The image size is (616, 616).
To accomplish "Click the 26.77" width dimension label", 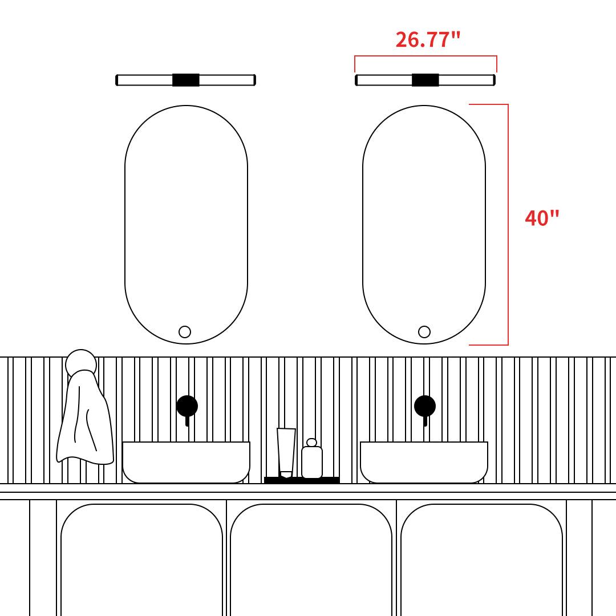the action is coord(427,40).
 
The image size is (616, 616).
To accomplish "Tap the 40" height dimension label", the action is coord(542,218).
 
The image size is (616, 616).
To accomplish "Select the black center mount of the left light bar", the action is coord(186,80).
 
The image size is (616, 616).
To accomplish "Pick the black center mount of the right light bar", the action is coord(425,80).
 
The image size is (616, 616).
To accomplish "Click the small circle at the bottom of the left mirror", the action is coord(185,332).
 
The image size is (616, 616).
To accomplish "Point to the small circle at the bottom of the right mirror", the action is coord(424,332).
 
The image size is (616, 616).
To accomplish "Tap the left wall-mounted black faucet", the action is coord(187,408).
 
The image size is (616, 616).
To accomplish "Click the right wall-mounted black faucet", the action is coord(425,408).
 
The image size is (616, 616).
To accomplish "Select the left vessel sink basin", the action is coord(186,462).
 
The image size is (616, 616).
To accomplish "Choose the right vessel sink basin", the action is coord(424,462).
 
